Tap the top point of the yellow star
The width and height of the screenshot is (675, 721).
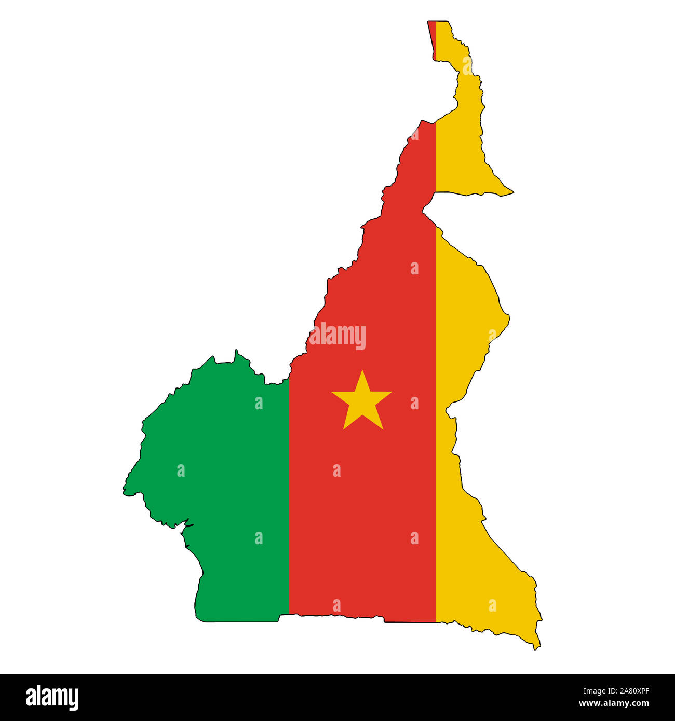pos(362,371)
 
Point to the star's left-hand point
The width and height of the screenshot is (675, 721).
pos(333,392)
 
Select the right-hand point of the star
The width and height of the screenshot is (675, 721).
pos(390,392)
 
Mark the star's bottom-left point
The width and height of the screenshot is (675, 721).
pos(344,428)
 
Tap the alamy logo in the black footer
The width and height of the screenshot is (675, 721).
pos(52,697)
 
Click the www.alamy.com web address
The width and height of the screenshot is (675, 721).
pos(614,704)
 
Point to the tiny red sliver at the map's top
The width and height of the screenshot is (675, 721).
pos(432,36)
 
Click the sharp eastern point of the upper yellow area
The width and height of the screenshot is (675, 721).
pos(512,192)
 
